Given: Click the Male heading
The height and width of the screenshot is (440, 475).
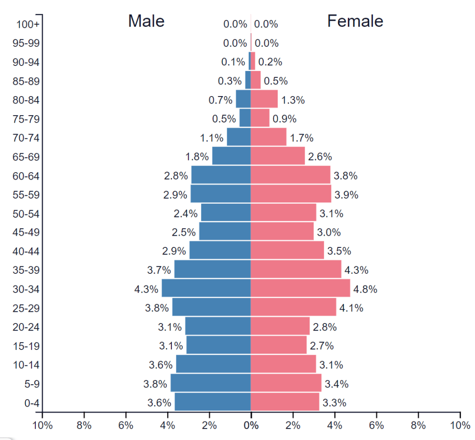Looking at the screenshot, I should tap(146, 21).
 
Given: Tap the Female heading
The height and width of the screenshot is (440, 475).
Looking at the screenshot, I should tap(355, 21).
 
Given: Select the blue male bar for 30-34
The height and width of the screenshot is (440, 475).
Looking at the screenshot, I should tap(206, 288).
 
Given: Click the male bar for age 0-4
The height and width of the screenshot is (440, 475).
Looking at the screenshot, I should tap(213, 402).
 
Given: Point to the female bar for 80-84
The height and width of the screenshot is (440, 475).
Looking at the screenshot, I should tap(264, 99).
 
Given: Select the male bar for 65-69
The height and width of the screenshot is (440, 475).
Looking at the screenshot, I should tap(231, 156).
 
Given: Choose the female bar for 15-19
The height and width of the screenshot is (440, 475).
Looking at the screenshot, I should tap(279, 345).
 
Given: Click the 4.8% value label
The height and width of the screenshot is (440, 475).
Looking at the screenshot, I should tap(365, 289).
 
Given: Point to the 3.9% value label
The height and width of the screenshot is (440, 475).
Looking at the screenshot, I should tap(346, 195).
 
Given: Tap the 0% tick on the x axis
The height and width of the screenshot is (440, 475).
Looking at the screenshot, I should tap(251, 425).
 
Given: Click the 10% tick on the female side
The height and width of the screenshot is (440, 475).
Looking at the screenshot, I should tap(460, 425).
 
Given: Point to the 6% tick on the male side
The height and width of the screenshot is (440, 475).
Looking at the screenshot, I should tap(125, 425).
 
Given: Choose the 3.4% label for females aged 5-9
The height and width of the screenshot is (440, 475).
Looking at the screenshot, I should tap(337, 384).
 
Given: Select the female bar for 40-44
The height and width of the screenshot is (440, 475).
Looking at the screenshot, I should tap(287, 250).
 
